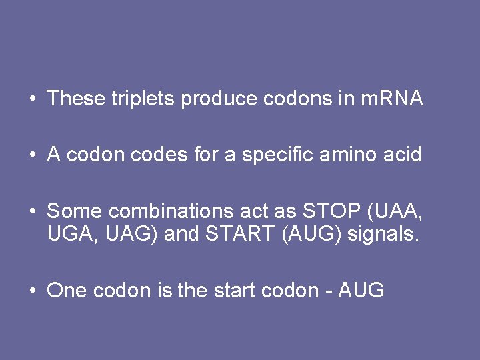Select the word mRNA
[x=391, y=99]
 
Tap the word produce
[x=219, y=99]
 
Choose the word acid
[x=403, y=155]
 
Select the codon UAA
[x=397, y=211]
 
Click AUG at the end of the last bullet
[x=361, y=291]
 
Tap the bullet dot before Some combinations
[x=32, y=212]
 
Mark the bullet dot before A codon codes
[x=32, y=155]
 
